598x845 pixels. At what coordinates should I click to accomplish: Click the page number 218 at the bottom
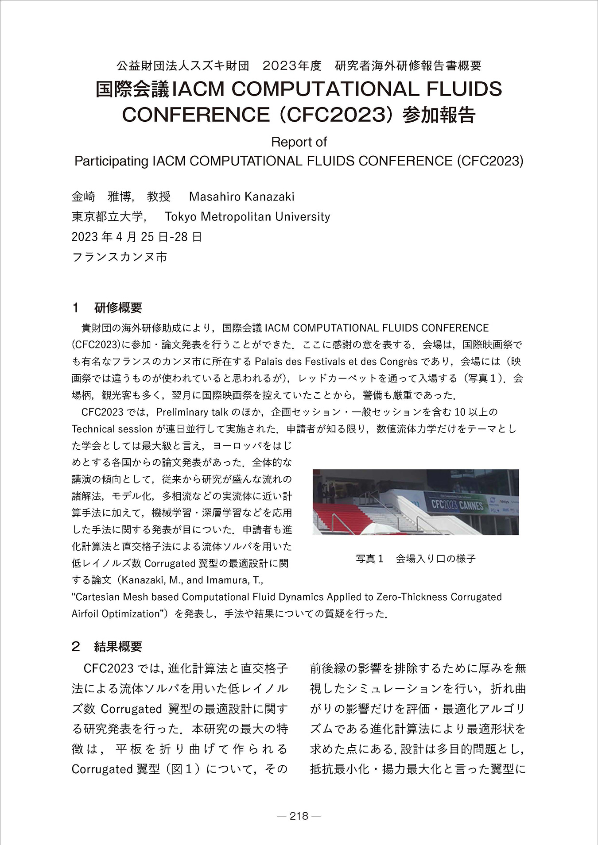299,816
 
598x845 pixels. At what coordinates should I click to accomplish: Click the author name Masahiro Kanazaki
241,197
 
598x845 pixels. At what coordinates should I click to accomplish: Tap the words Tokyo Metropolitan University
247,216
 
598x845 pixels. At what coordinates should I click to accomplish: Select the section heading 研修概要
118,308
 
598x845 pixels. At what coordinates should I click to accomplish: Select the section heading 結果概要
118,647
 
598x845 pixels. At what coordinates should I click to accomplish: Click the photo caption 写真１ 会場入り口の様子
415,559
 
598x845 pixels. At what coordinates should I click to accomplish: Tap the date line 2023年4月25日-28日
137,237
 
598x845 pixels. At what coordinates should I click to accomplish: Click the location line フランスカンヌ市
119,257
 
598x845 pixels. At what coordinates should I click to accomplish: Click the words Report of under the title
299,142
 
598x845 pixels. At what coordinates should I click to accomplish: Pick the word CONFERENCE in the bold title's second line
195,115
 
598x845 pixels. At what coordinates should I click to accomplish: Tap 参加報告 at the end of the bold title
439,115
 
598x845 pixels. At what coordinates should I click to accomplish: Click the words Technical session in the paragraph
112,429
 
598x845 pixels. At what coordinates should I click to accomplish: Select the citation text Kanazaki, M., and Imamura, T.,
193,580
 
